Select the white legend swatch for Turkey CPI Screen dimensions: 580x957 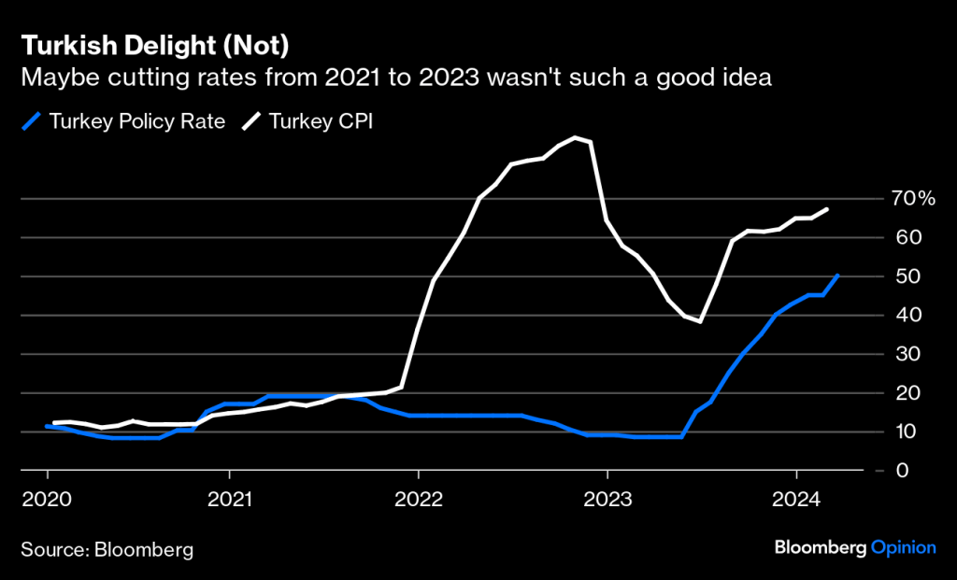[251, 121]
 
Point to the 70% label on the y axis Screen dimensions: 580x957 [913, 198]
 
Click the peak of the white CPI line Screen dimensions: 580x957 [576, 137]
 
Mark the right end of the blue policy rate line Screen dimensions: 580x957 [838, 276]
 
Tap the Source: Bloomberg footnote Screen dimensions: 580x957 [107, 549]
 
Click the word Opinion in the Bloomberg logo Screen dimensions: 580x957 [903, 548]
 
